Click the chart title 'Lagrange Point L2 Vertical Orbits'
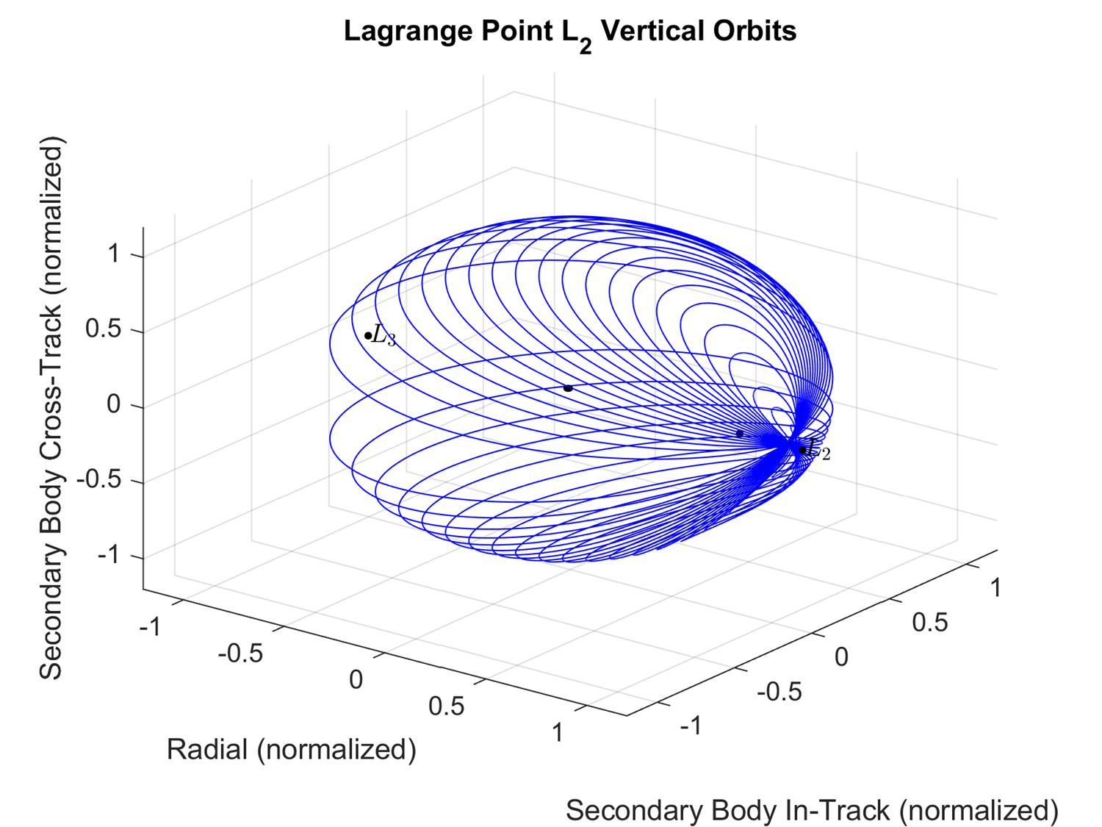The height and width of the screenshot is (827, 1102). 570,32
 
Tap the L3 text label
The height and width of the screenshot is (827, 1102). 384,336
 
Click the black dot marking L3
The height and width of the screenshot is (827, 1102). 368,336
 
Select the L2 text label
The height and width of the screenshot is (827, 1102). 819,451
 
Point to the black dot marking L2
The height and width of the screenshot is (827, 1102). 802,450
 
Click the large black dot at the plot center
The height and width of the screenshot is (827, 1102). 568,387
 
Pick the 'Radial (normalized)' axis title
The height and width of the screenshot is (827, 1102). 292,749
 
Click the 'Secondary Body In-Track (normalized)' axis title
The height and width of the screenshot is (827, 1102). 812,810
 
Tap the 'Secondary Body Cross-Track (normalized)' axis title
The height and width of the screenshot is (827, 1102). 51,408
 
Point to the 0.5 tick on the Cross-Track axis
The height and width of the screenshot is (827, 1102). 103,329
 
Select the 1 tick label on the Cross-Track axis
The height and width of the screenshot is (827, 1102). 114,254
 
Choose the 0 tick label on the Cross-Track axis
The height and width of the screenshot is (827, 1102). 114,404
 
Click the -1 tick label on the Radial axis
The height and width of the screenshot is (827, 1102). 151,626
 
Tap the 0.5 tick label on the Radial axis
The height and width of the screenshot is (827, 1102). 447,706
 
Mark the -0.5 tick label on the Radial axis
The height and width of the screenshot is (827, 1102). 240,653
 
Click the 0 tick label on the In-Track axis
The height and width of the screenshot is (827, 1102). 842,656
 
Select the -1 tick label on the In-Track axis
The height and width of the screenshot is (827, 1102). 691,726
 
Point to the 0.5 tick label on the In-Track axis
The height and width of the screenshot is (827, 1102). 930,623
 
